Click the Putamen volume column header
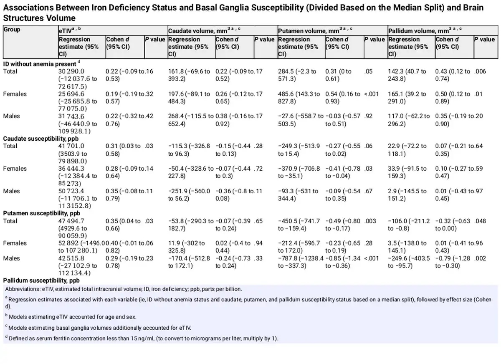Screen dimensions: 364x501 click(x=309, y=31)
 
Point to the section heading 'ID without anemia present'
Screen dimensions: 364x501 click(x=40, y=63)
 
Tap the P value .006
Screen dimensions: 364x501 click(x=480, y=71)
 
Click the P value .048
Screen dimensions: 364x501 click(x=480, y=221)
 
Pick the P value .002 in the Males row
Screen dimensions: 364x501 click(x=480, y=258)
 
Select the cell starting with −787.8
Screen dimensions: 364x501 click(x=300, y=262)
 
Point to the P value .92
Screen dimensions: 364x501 click(x=368, y=116)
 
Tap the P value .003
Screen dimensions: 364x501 click(x=370, y=221)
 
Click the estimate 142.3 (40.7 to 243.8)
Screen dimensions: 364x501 click(x=407, y=75)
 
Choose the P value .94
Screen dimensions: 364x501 click(x=260, y=243)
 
